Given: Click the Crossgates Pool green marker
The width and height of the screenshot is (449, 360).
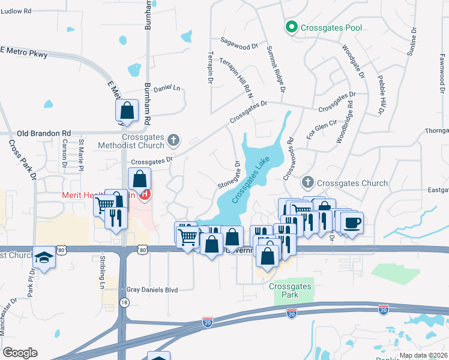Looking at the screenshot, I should coord(291,27).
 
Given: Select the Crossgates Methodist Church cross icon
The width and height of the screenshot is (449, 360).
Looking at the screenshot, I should coord(173,140).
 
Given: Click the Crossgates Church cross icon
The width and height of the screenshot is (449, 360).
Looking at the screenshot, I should coord(308,182).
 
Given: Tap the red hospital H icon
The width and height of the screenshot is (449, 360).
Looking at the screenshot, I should coord(145,194).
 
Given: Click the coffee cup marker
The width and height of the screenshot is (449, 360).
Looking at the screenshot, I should coord(352,223).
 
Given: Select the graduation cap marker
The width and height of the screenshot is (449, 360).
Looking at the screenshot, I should coord(44,257).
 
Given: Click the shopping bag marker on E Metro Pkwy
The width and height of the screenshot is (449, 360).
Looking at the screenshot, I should coord(127,110).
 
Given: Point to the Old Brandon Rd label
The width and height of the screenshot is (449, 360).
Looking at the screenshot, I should coord(44,133).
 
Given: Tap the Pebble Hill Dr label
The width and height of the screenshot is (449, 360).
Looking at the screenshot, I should coord(380,95).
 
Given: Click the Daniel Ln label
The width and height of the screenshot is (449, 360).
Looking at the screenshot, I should coord(167,88).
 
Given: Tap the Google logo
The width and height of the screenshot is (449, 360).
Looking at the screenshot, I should coord(20,353).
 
